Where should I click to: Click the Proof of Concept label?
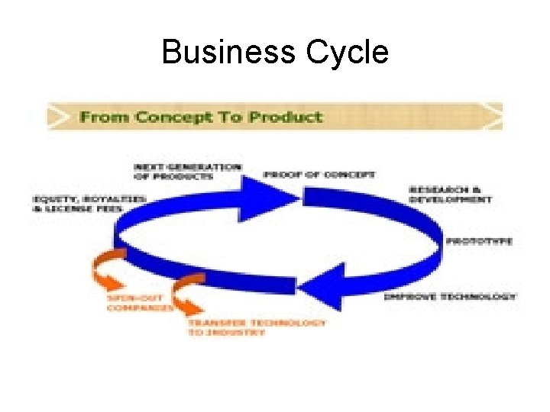pyautogui.click(x=319, y=174)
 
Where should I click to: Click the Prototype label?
pyautogui.click(x=479, y=241)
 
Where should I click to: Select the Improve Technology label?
pyautogui.click(x=449, y=296)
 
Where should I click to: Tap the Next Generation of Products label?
pyautogui.click(x=188, y=172)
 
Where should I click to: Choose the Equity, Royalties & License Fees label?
pyautogui.click(x=90, y=203)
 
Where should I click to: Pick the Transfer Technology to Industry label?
pyautogui.click(x=257, y=328)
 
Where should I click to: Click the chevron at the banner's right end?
pyautogui.click(x=495, y=117)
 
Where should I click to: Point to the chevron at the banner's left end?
pyautogui.click(x=57, y=117)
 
